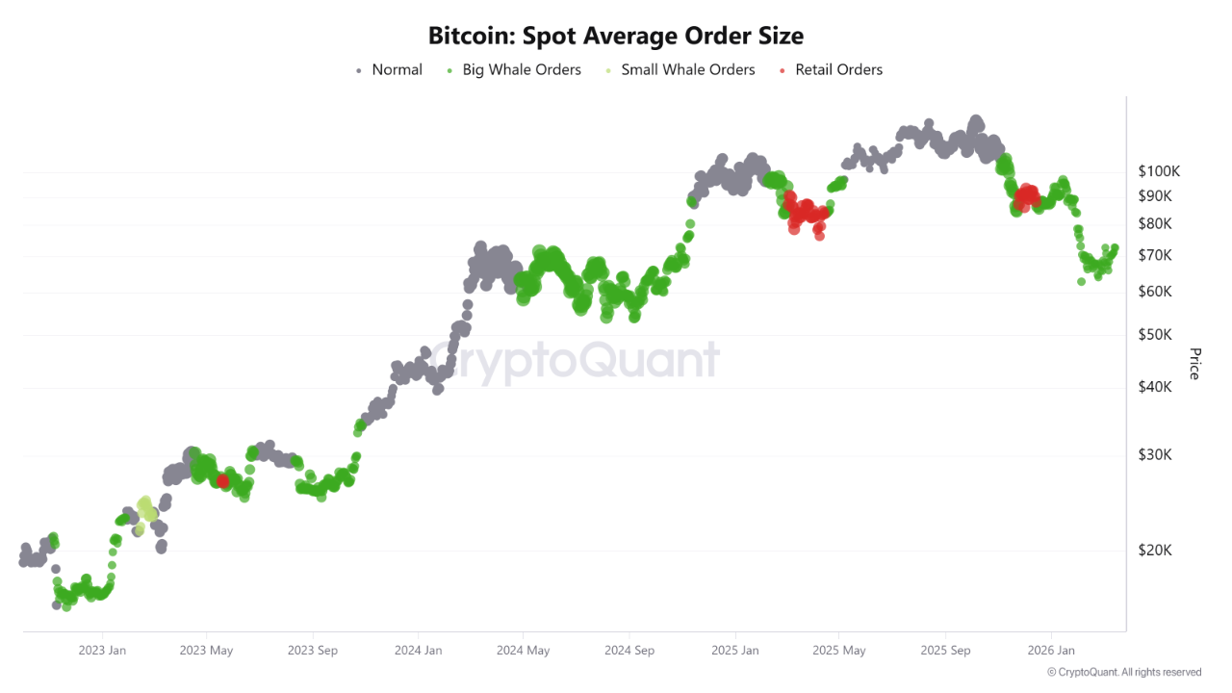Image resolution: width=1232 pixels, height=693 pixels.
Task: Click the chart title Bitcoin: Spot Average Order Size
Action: point(616,36)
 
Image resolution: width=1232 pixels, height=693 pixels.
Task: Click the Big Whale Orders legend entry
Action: point(521,69)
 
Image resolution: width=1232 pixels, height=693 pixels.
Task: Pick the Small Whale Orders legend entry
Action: point(687,69)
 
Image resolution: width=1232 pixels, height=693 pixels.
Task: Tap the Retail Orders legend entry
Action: point(837,69)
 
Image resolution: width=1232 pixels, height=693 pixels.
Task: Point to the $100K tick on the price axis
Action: point(1159,171)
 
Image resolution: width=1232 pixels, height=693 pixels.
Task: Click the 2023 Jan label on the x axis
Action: point(102,651)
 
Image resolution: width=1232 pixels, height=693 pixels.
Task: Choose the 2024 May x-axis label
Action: point(524,651)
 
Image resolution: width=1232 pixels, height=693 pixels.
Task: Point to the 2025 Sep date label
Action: point(945,651)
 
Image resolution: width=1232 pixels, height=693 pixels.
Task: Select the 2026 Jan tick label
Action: point(1051,651)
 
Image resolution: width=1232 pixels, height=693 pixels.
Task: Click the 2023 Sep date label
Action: point(313,651)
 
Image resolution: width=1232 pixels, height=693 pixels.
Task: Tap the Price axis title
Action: point(1194,364)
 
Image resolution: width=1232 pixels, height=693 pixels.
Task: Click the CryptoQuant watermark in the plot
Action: point(574,361)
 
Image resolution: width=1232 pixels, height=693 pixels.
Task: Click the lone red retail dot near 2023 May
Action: point(222,480)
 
